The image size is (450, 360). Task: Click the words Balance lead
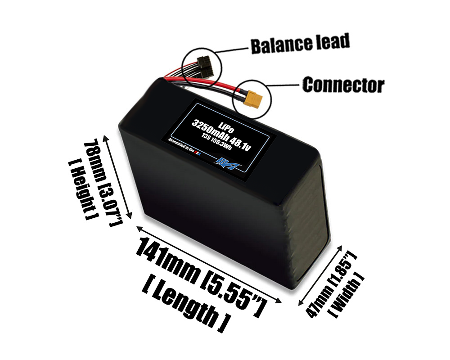click(x=300, y=44)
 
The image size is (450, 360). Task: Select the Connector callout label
click(x=343, y=85)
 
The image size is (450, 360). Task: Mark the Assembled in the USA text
click(x=184, y=148)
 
